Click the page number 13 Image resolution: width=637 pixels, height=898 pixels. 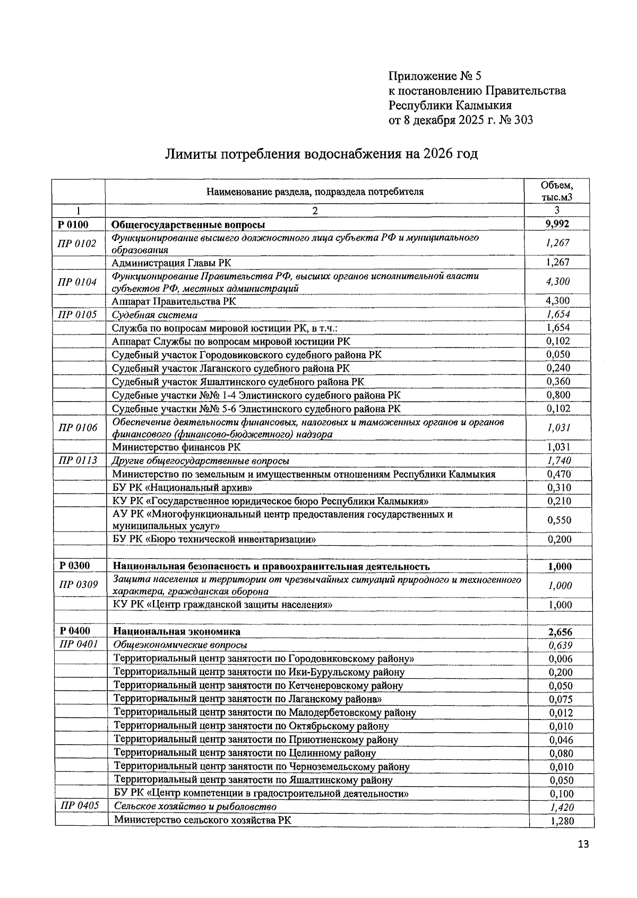[583, 844]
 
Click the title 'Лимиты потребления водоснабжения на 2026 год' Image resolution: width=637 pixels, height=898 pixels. [321, 154]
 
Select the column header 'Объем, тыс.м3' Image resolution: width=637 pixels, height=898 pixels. [557, 191]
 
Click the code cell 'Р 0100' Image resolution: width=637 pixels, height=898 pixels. [74, 224]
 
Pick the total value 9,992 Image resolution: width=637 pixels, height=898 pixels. [557, 224]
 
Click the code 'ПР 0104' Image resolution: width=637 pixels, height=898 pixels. [78, 282]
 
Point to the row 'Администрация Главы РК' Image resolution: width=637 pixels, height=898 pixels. [171, 263]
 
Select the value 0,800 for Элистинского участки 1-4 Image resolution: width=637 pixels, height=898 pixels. [558, 395]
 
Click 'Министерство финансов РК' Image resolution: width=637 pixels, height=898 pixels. [176, 447]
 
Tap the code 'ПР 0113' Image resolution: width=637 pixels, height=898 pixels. [78, 460]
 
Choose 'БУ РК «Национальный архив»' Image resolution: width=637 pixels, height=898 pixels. [182, 488]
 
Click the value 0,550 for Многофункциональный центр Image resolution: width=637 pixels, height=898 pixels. [559, 520]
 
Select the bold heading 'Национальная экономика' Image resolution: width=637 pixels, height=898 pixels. [177, 631]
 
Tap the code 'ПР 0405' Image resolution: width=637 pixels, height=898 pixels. [80, 806]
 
